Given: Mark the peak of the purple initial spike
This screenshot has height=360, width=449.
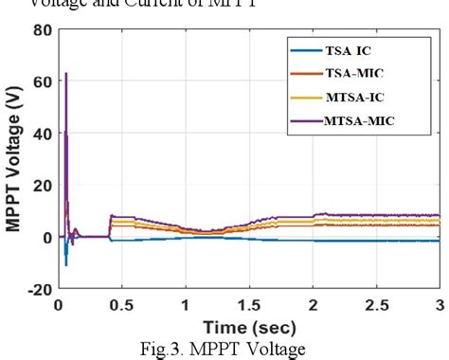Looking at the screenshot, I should tap(65, 73).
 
